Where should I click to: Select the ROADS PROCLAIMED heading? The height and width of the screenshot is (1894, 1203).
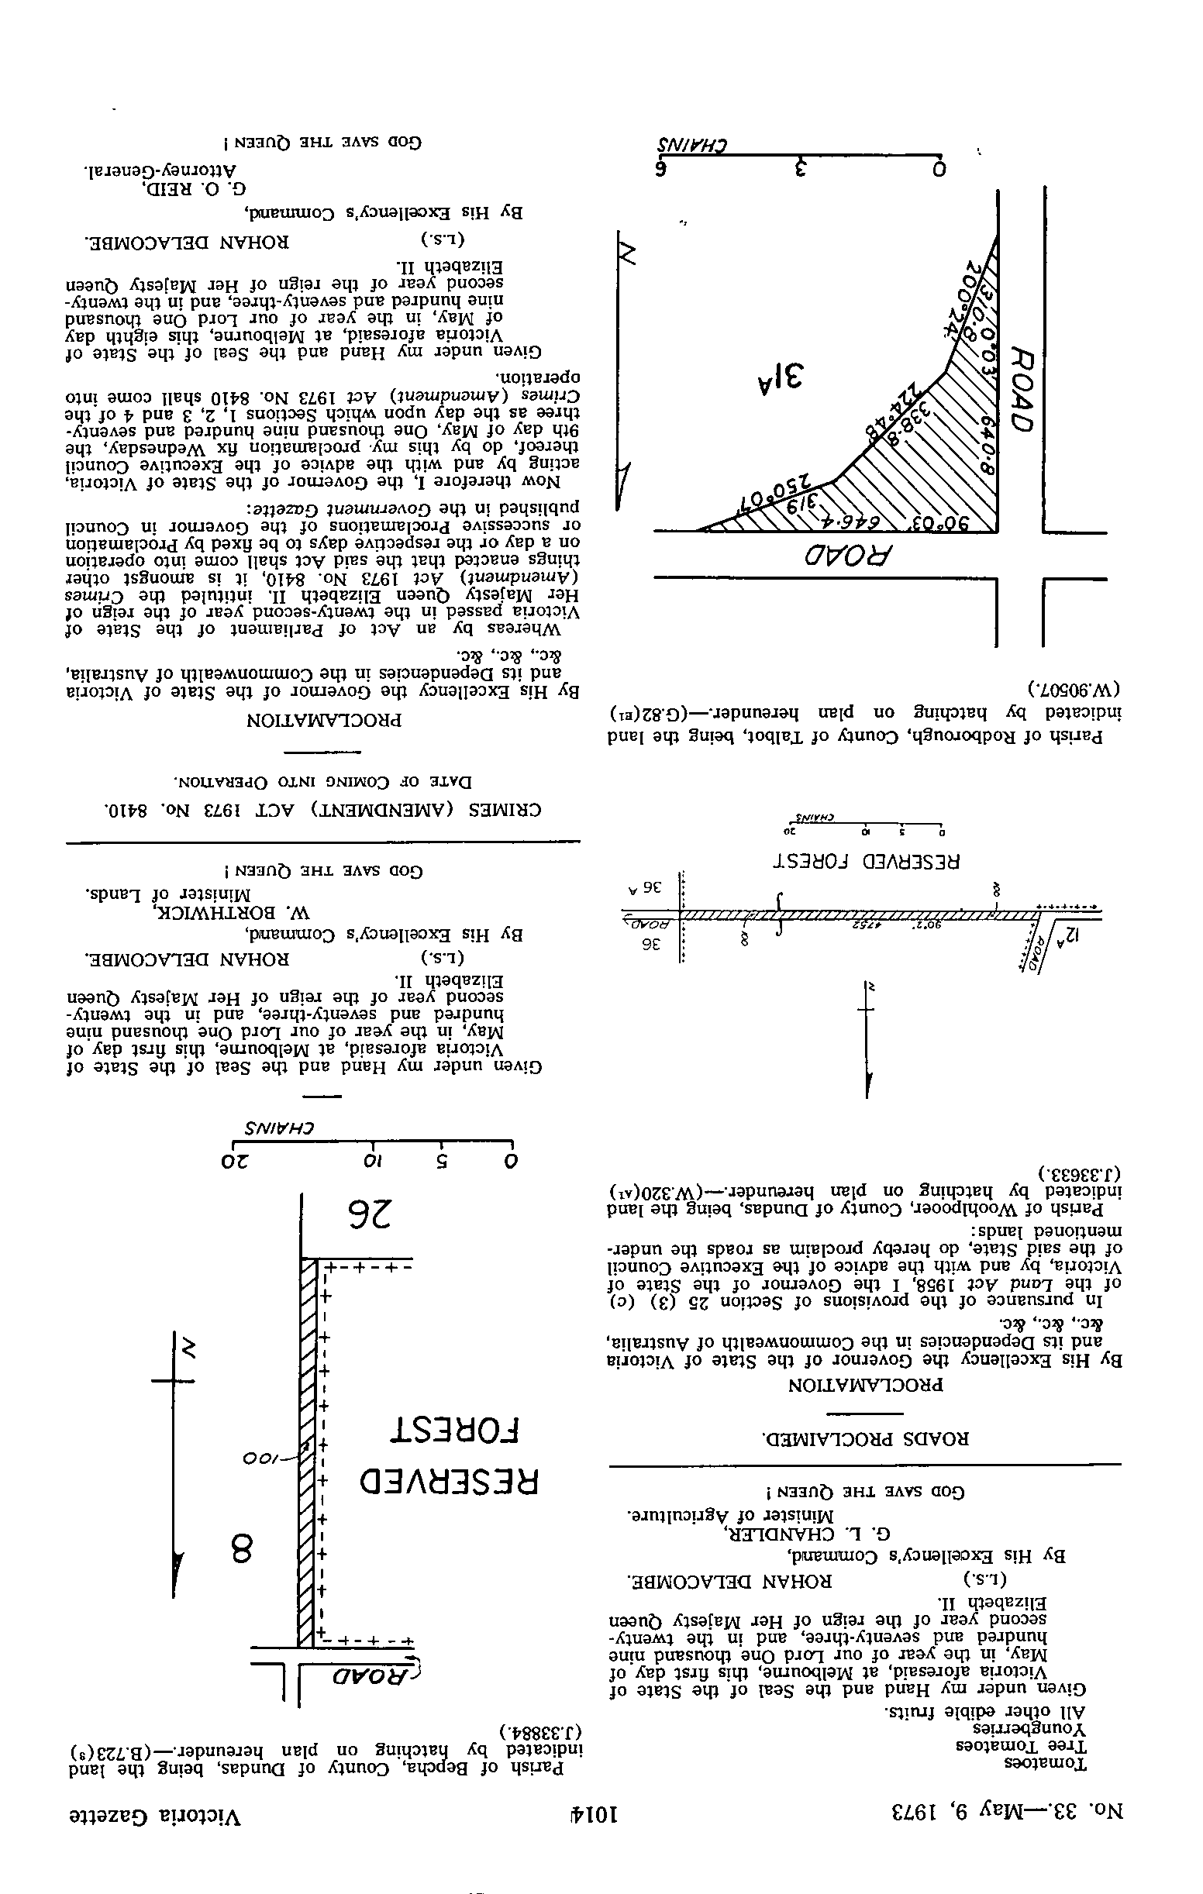[865, 1439]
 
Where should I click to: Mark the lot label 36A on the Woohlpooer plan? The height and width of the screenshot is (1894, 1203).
[643, 889]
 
